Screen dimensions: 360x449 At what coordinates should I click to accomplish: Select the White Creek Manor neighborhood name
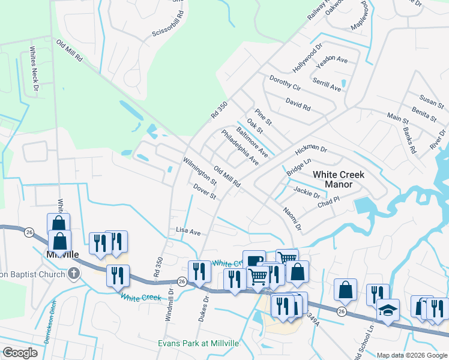pyautogui.click(x=339, y=179)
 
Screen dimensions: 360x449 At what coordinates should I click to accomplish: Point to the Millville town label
pyautogui.click(x=62, y=254)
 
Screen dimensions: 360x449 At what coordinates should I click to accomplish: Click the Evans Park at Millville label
pyautogui.click(x=198, y=343)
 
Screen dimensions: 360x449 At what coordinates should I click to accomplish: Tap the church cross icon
pyautogui.click(x=73, y=274)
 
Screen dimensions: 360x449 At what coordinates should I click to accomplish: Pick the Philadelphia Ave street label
pyautogui.click(x=240, y=148)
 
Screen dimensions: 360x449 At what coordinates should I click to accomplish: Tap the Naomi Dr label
pyautogui.click(x=293, y=217)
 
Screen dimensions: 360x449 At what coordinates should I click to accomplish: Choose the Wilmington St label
pyautogui.click(x=200, y=171)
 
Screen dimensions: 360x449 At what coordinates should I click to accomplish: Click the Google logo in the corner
pyautogui.click(x=20, y=353)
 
